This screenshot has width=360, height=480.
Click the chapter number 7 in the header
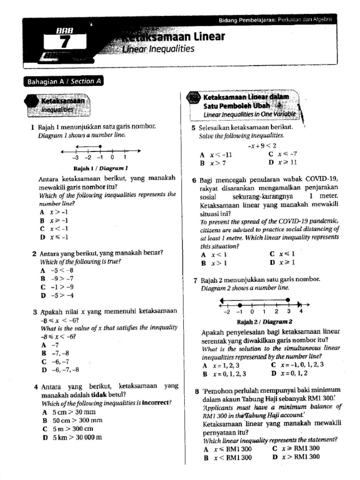65,41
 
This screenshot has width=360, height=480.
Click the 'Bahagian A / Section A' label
64,81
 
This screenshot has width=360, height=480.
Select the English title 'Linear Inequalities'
158,49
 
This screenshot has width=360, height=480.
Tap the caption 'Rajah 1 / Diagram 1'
101,167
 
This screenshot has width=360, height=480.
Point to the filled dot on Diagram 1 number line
100,146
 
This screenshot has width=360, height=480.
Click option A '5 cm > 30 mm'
68,412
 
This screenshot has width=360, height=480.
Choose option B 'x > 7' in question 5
213,163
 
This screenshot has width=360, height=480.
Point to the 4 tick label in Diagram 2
301,311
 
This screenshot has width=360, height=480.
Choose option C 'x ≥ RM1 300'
296,449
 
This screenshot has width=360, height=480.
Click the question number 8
197,390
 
